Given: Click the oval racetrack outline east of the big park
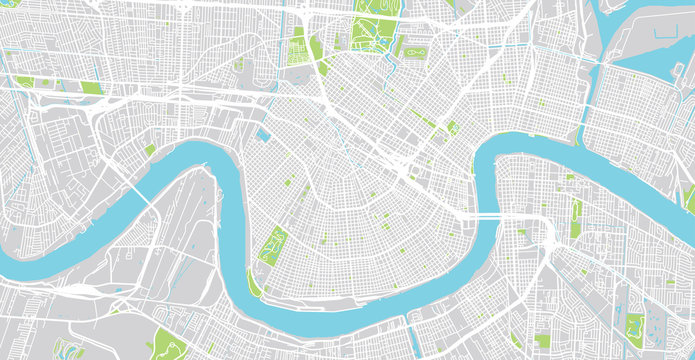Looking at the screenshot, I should [416, 48].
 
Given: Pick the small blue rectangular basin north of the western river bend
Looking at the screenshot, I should [263, 134].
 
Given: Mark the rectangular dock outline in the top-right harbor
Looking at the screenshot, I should [650, 40].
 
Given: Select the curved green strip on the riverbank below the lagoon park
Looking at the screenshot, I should [254, 285].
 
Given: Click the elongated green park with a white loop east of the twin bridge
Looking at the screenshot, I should [576, 219].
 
